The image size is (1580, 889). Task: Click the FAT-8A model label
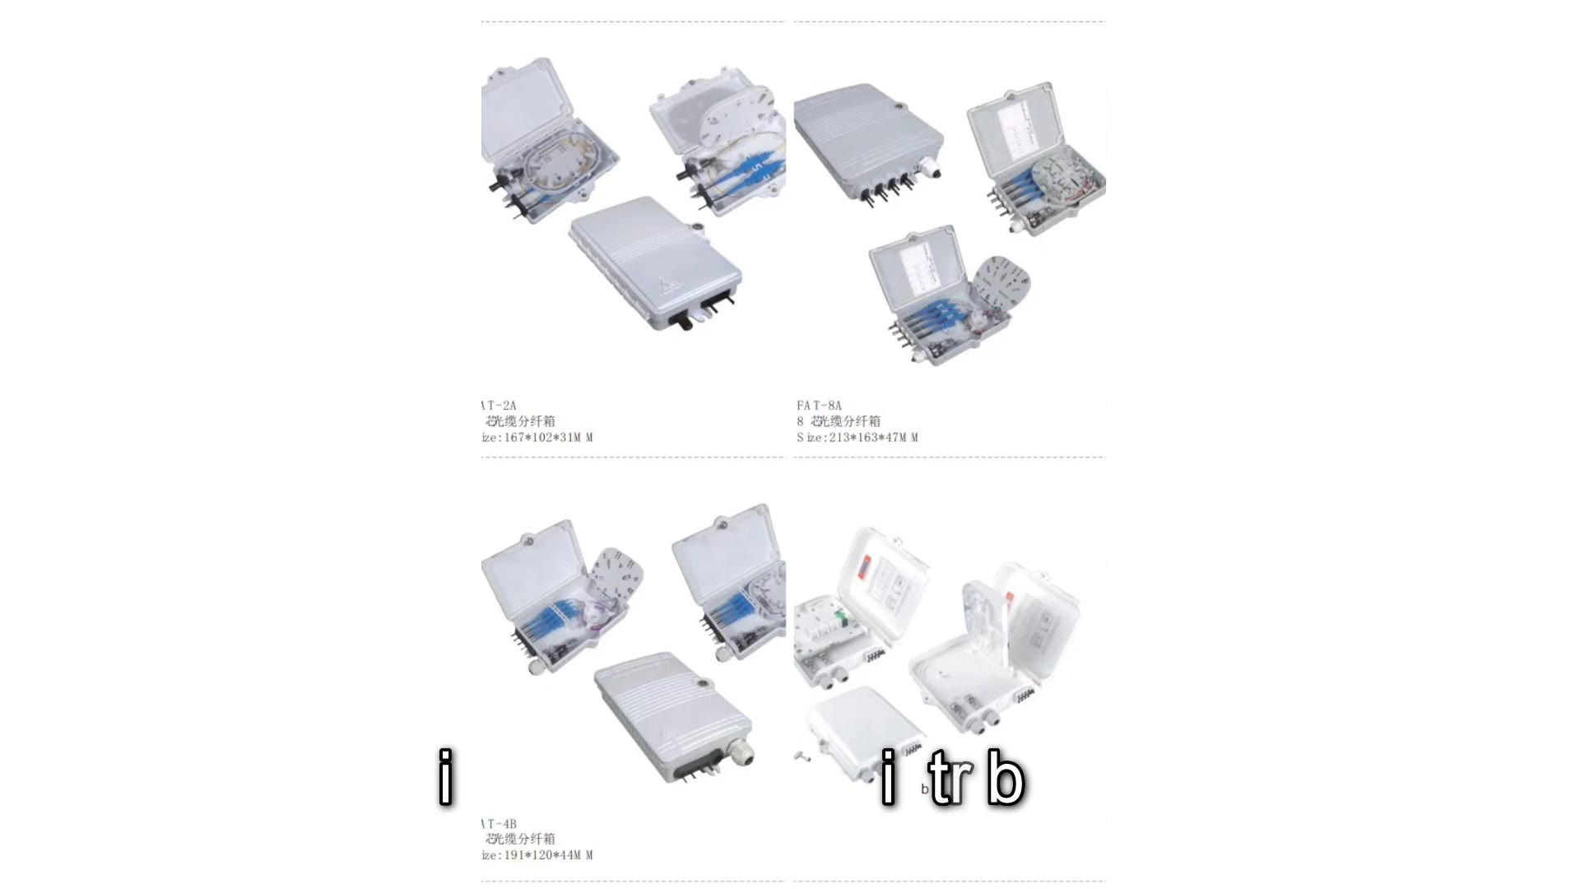coord(819,405)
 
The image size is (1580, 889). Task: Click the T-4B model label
coord(500,823)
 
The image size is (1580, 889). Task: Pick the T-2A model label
coord(500,405)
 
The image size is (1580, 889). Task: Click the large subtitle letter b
coord(1005,776)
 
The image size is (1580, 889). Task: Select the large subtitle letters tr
coord(950,776)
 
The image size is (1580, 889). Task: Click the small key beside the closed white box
coord(802,756)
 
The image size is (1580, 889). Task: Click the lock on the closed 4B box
coord(704,682)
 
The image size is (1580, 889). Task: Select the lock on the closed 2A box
coord(698,229)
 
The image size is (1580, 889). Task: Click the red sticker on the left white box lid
coord(864,561)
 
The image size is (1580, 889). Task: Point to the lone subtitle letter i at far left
coord(445,776)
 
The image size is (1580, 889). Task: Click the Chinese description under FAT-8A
coord(839,421)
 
